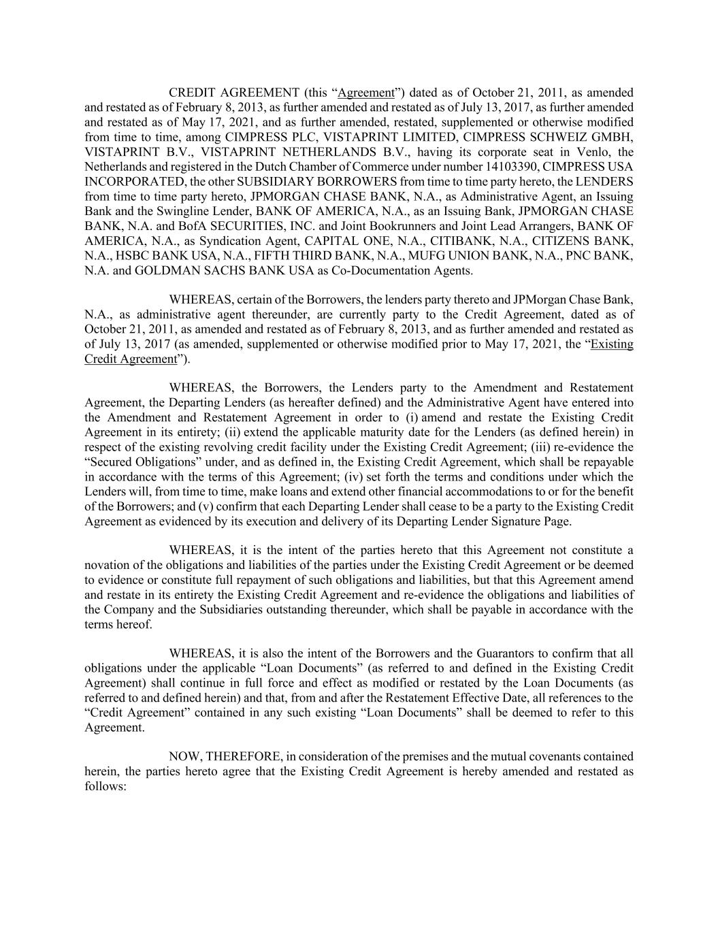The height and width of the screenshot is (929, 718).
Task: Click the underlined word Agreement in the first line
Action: [x=366, y=93]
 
